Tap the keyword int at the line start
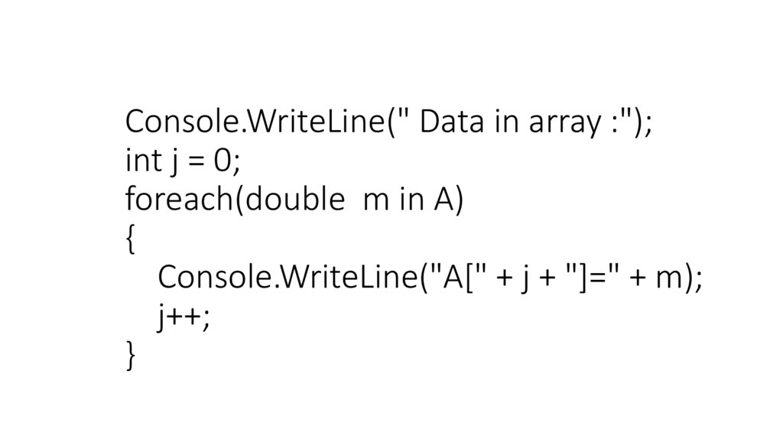click(x=141, y=161)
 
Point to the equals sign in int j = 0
click(x=195, y=162)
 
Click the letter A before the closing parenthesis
click(x=444, y=200)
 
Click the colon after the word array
click(x=612, y=124)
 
